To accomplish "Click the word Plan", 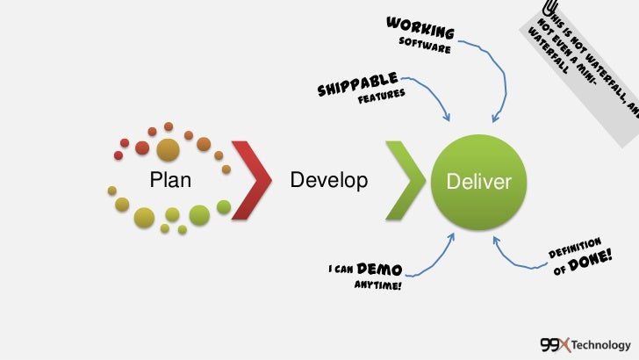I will click(170, 180).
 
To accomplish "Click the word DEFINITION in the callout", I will click(574, 247).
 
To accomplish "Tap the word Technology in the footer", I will click(600, 343).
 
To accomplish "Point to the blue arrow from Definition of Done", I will click(518, 259).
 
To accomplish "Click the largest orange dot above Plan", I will click(168, 149).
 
